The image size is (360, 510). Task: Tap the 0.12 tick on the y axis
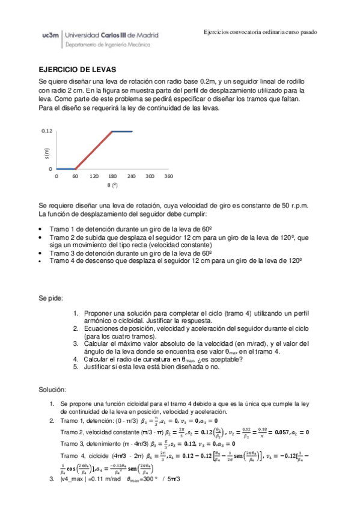[x=47, y=131]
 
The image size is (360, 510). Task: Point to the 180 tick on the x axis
[x=112, y=177]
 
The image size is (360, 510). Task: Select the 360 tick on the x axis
[x=168, y=177]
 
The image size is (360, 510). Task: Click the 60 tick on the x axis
[x=75, y=177]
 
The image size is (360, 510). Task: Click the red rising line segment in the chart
[x=93, y=150]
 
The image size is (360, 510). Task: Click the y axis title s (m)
[x=46, y=154]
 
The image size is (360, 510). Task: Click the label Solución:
[x=53, y=390]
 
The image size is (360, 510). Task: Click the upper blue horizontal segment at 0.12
[x=121, y=131]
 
